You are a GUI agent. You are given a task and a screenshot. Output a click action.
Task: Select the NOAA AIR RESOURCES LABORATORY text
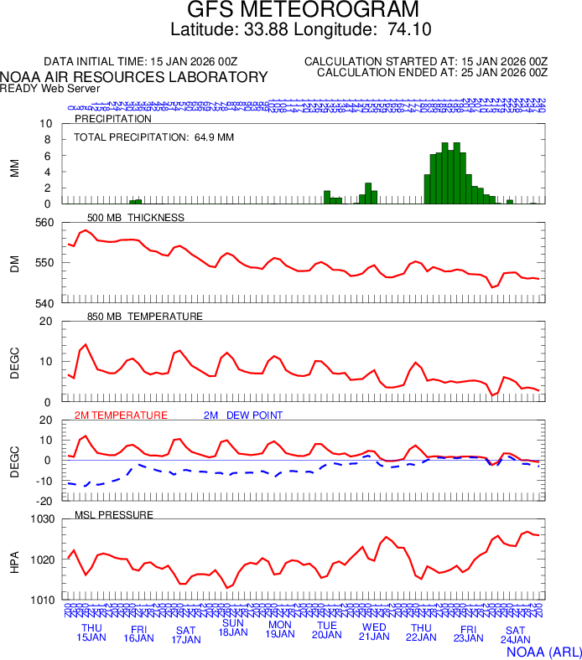tap(134, 77)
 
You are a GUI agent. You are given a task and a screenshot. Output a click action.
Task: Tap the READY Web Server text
tap(49, 88)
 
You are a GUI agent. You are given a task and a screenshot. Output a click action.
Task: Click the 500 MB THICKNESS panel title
tap(136, 218)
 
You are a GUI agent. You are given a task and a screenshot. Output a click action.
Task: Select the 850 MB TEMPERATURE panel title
tap(145, 317)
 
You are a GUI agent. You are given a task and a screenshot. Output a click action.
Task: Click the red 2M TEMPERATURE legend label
tap(121, 415)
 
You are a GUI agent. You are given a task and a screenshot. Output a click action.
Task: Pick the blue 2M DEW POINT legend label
tap(243, 415)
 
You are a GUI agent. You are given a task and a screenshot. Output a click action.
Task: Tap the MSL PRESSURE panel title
tap(114, 514)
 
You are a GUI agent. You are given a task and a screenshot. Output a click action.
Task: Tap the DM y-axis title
tap(14, 263)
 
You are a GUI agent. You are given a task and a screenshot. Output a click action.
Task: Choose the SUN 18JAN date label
tap(233, 627)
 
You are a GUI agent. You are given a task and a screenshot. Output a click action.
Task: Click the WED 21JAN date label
tap(374, 632)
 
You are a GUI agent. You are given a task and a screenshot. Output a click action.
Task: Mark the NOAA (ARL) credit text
tap(543, 650)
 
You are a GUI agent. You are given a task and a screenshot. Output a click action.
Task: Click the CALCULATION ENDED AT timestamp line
tap(432, 73)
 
